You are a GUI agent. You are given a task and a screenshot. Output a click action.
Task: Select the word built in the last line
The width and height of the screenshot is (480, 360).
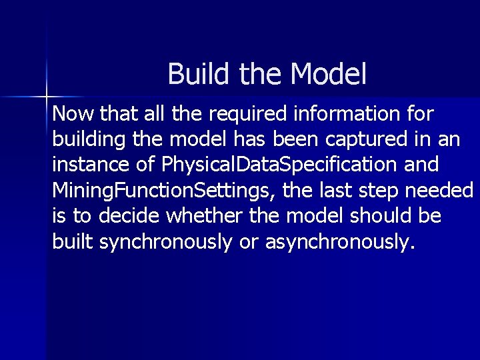pyautogui.click(x=72, y=242)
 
